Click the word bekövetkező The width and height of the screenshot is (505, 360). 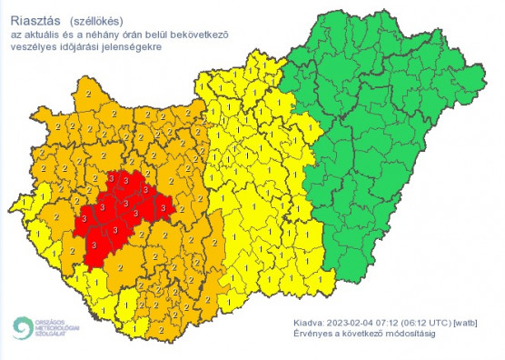(198, 34)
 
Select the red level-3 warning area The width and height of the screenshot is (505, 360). (118, 214)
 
